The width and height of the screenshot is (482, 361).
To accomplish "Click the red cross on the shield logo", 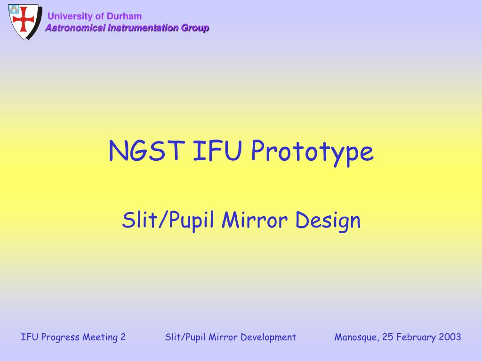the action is (x=24, y=19).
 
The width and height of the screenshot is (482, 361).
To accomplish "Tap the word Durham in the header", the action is (x=124, y=16).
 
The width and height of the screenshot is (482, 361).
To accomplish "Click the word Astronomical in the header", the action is (x=75, y=28).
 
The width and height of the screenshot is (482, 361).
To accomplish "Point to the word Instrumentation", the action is (x=143, y=28).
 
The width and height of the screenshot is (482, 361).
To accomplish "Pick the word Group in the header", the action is (x=195, y=28).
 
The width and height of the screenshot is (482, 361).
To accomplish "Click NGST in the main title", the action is (x=147, y=150).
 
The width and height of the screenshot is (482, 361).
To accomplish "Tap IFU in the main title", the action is (x=217, y=150).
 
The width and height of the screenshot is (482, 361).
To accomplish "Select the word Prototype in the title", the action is (x=313, y=152).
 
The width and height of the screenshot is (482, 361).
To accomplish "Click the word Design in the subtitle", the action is (x=328, y=221).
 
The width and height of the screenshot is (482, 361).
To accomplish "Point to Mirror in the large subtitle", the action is (x=255, y=220).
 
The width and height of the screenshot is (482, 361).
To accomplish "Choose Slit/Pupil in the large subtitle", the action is (x=168, y=220).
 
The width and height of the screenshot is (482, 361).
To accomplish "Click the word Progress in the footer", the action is (x=60, y=337).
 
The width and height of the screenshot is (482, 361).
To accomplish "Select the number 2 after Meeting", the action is (x=123, y=337).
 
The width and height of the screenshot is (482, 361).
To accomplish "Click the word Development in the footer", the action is (x=268, y=337).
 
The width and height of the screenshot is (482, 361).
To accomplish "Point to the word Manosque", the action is (x=357, y=337).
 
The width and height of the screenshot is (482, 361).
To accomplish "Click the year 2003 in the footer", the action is (x=450, y=337).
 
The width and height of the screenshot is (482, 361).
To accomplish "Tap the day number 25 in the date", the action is (x=387, y=337).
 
